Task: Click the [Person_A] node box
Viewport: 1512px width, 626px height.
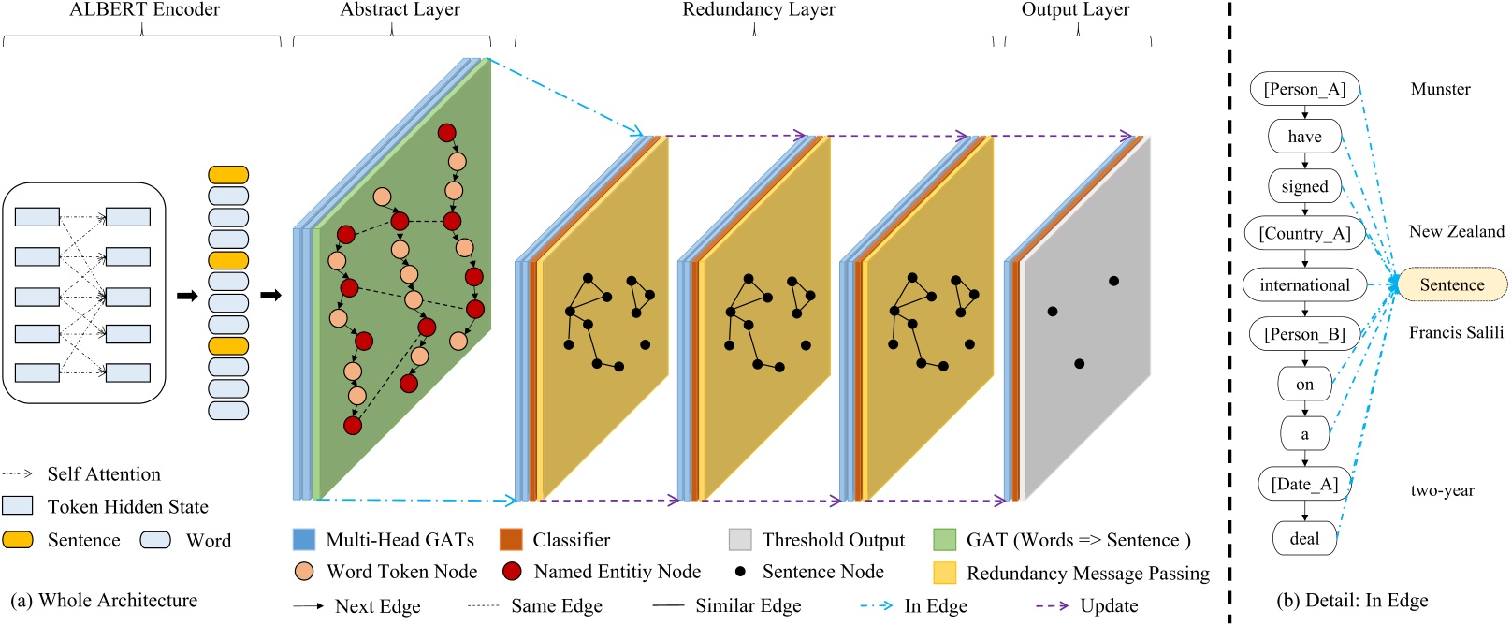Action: [x=1304, y=89]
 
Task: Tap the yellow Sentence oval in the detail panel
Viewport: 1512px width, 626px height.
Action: [x=1452, y=284]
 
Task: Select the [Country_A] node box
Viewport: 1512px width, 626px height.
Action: [x=1304, y=233]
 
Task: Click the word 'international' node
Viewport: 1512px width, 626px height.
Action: [x=1304, y=284]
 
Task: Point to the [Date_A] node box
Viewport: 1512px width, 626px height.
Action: [x=1304, y=484]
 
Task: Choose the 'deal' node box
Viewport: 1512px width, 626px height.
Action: [x=1304, y=538]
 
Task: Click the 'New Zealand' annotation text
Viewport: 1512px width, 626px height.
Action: [x=1456, y=231]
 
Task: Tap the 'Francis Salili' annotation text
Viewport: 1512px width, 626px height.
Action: [x=1456, y=332]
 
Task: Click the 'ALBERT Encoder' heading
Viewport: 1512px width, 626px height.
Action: [x=144, y=10]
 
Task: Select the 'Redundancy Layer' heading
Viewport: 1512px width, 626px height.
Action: [x=758, y=10]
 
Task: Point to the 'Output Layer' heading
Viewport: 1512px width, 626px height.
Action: [x=1075, y=10]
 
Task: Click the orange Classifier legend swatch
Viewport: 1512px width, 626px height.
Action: [x=511, y=540]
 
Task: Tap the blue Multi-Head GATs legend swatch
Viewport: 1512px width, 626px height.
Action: [x=304, y=540]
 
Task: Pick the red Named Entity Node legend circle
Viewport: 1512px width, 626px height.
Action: [x=512, y=571]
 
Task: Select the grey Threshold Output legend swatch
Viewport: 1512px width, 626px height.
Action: [x=740, y=540]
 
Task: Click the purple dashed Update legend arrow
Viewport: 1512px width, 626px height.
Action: [x=1052, y=605]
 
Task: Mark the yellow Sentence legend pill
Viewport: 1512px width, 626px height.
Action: [x=18, y=540]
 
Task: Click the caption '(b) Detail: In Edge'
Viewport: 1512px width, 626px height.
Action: [x=1352, y=600]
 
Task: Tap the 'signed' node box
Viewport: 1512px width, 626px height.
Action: [x=1304, y=186]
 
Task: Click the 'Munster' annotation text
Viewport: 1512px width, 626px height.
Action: [x=1440, y=89]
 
